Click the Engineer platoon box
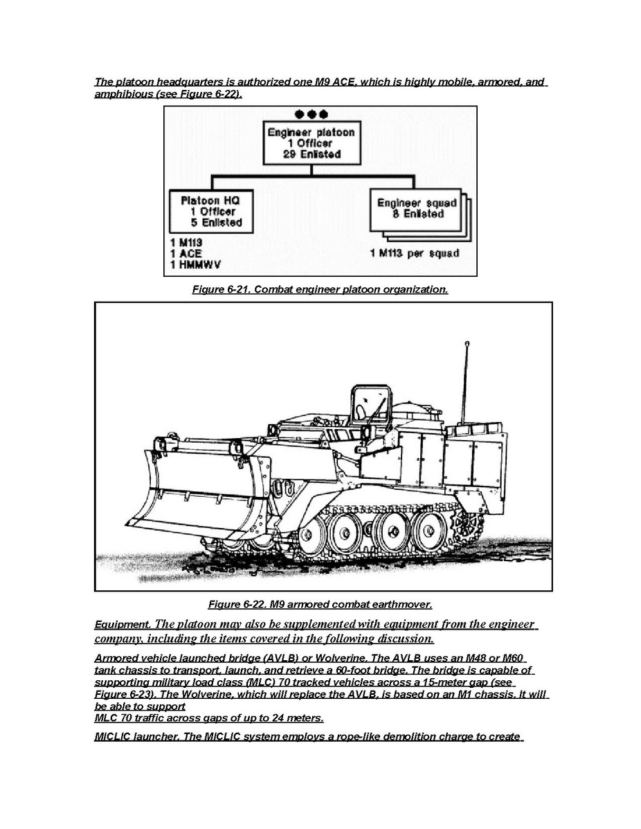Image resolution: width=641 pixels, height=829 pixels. (312, 143)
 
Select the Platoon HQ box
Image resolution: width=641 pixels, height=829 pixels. (211, 212)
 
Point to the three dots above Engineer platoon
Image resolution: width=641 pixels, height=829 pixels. (312, 114)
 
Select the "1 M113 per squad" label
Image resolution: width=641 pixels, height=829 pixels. (415, 253)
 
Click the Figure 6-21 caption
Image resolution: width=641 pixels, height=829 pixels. (320, 289)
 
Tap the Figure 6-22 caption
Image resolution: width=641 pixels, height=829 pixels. (320, 604)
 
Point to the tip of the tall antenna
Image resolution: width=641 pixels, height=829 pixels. (468, 343)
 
